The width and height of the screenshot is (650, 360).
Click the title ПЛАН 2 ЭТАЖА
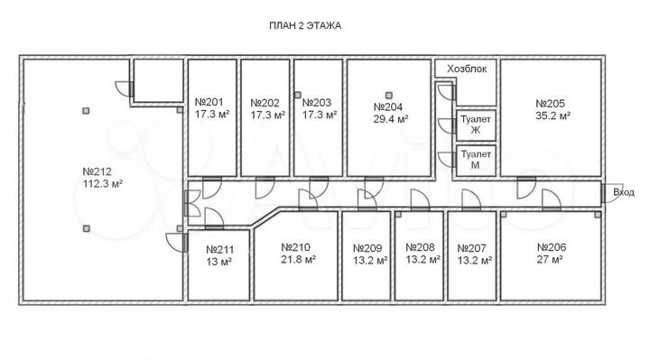(x=305, y=25)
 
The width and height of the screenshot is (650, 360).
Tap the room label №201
(x=209, y=102)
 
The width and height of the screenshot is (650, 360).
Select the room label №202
(x=265, y=103)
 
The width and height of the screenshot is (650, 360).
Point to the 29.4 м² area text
(x=391, y=120)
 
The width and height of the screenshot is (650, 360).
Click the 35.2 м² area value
(x=552, y=116)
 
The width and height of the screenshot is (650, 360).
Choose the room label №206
(x=552, y=247)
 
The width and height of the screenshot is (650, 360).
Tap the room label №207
(x=472, y=248)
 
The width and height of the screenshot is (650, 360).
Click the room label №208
(x=420, y=247)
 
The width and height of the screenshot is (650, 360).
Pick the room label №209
(x=367, y=248)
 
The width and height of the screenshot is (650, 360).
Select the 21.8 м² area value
(x=298, y=260)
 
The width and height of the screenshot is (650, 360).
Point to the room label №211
(x=219, y=250)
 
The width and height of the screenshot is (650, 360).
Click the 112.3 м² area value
(x=103, y=183)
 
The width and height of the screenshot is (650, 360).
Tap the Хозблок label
(x=467, y=69)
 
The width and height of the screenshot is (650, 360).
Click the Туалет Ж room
(x=476, y=125)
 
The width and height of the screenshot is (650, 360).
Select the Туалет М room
(x=476, y=160)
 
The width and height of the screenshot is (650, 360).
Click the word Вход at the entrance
(x=624, y=192)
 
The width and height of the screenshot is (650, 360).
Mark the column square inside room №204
(x=388, y=96)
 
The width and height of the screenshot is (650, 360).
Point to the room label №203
(x=317, y=103)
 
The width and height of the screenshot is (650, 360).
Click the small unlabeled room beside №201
(x=158, y=80)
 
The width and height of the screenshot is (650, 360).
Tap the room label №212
(x=97, y=171)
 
